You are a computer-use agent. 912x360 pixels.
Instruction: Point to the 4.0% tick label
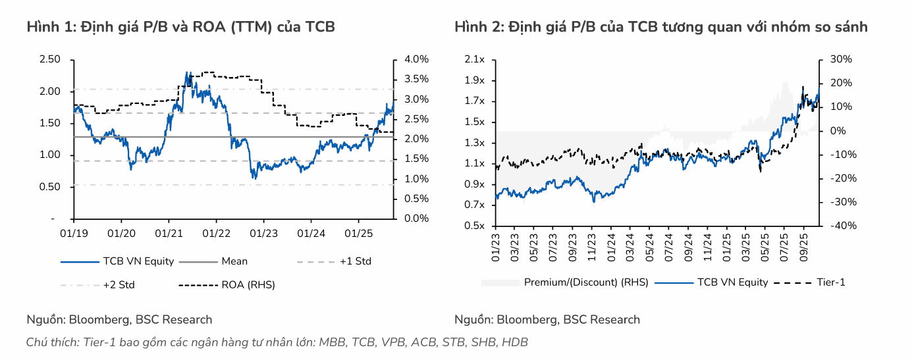click(x=416, y=59)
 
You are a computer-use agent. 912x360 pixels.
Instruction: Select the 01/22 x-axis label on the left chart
click(x=216, y=233)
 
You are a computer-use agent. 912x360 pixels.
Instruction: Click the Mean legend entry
click(x=234, y=261)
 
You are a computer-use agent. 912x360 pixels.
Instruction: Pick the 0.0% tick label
click(x=416, y=219)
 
